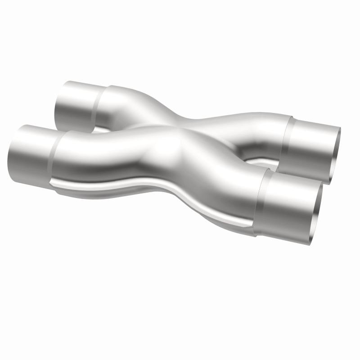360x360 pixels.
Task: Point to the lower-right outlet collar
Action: pos(288,205)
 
